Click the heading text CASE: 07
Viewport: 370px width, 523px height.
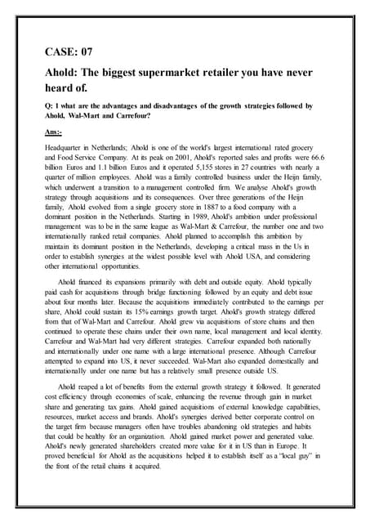(73, 52)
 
